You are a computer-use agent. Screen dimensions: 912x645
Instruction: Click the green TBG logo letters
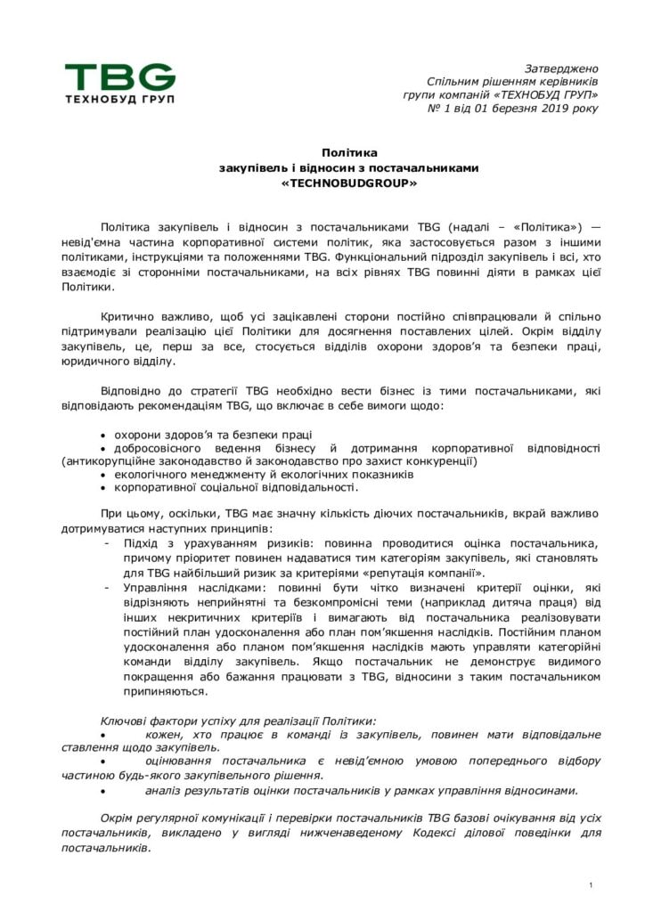coord(119,76)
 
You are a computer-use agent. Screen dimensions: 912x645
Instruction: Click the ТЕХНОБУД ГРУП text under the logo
coord(119,99)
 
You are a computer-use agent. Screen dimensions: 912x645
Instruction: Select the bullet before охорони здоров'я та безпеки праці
coord(103,435)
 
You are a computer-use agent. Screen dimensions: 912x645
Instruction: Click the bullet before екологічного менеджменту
coord(103,476)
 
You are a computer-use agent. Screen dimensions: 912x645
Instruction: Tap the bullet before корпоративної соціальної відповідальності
coord(103,488)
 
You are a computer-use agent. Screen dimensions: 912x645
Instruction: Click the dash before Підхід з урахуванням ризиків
coord(107,543)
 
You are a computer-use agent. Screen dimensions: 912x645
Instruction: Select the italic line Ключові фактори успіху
coord(237,720)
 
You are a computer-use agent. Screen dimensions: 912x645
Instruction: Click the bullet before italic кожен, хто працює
coord(103,734)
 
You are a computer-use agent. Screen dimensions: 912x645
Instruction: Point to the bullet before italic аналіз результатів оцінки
coord(103,790)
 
